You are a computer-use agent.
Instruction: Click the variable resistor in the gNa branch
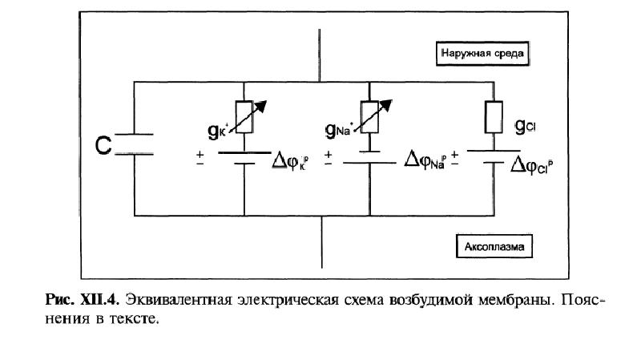pos(370,115)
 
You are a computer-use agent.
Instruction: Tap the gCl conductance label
pos(526,126)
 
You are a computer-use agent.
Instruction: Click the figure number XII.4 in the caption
pos(98,301)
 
